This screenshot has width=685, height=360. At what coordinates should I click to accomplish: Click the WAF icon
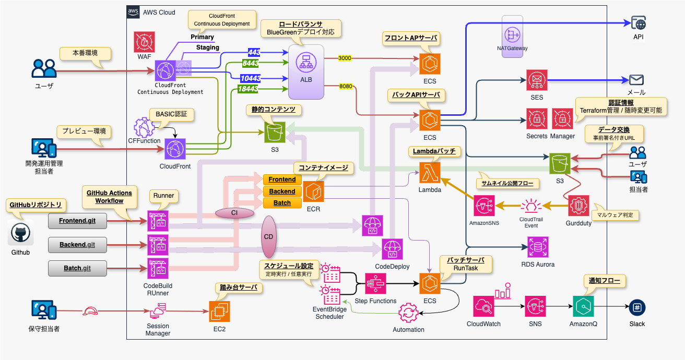click(x=144, y=41)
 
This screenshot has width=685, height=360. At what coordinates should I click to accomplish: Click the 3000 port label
click(x=345, y=58)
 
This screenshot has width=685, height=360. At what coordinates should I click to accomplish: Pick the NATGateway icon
click(x=512, y=34)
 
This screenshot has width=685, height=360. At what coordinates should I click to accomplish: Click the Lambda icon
click(x=430, y=173)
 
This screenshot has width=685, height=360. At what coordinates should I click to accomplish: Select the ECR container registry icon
click(x=313, y=191)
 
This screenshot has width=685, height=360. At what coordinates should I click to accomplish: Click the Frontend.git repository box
click(x=77, y=221)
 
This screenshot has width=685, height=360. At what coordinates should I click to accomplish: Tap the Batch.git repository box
click(x=77, y=268)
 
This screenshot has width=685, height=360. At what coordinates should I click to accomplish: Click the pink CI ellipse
click(x=234, y=213)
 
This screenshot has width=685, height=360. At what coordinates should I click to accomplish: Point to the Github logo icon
click(x=21, y=234)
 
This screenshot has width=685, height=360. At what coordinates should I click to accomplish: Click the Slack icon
click(x=637, y=307)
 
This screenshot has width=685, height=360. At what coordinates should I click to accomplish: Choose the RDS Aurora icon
click(x=538, y=247)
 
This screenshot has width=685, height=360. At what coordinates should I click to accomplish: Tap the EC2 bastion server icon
click(x=219, y=311)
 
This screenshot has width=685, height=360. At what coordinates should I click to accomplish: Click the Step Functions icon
click(x=375, y=284)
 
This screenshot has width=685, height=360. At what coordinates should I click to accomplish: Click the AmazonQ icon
click(x=583, y=307)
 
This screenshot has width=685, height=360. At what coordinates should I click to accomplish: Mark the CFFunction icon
click(x=145, y=127)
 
